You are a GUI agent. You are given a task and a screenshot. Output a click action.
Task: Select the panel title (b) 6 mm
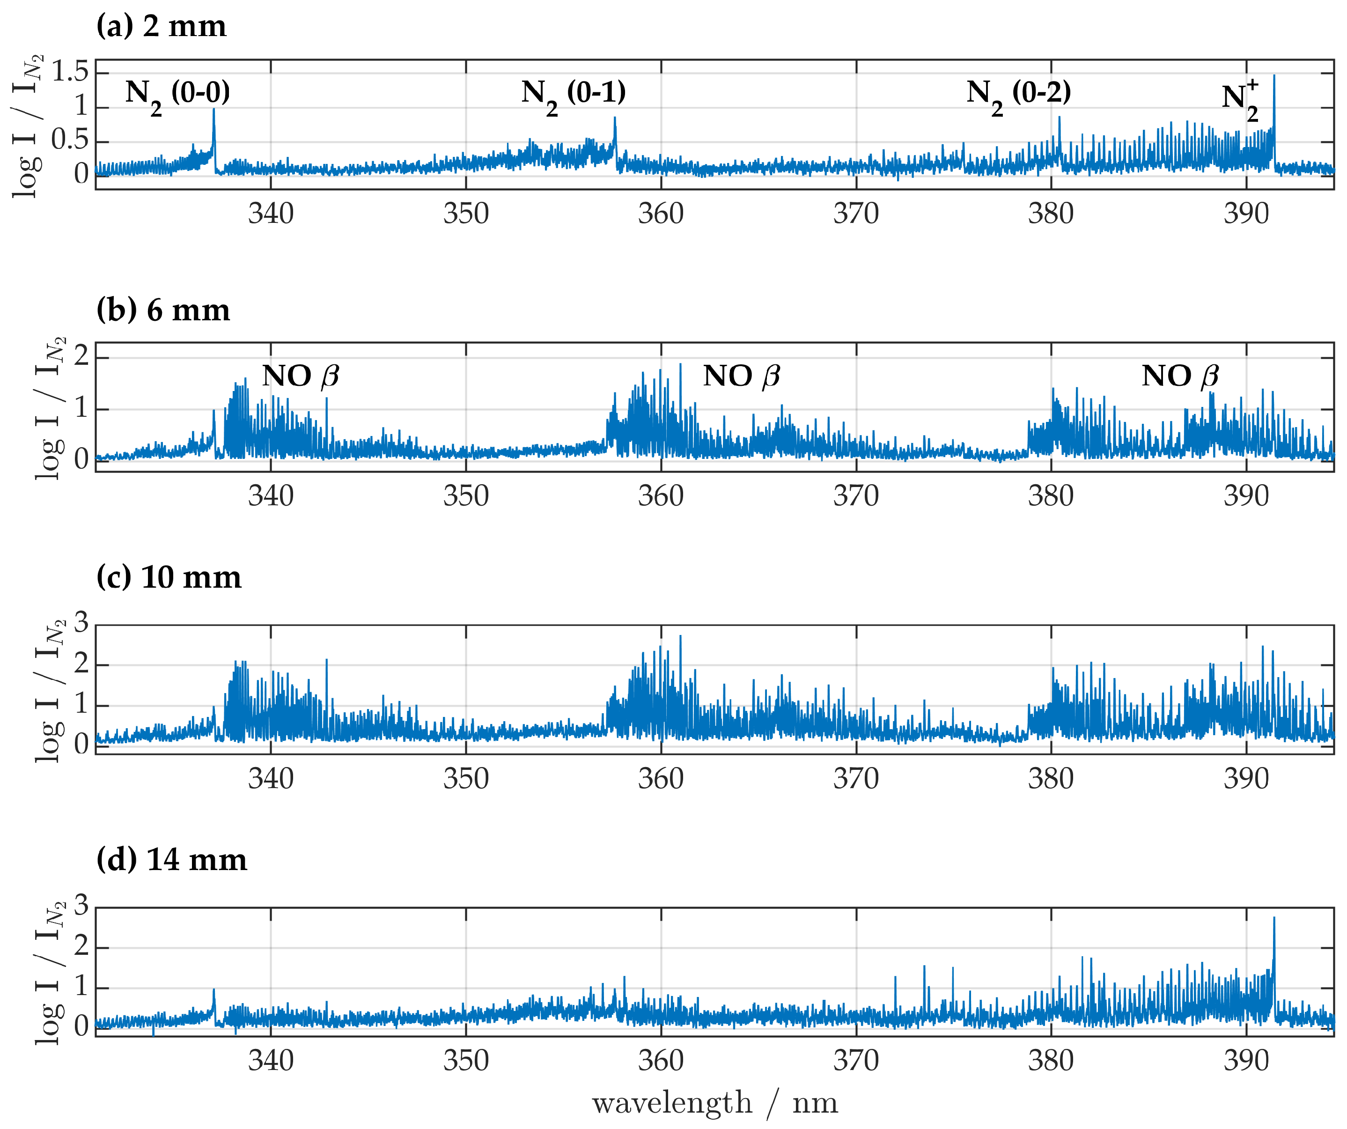coord(163,310)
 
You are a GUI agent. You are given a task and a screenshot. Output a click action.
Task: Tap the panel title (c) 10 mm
coord(169,577)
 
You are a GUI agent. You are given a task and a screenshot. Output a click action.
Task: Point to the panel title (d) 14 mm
coord(171,860)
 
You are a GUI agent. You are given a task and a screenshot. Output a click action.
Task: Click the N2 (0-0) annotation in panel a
coord(177,94)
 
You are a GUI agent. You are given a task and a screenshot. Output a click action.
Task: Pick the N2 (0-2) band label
coord(1019,94)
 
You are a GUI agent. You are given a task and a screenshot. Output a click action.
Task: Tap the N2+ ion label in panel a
coord(1239,99)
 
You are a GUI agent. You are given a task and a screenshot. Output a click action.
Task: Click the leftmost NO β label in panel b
coord(300,376)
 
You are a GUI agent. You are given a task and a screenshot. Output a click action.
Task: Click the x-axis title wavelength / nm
coord(714,1103)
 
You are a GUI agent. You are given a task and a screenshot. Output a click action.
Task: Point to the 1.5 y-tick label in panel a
coord(69,72)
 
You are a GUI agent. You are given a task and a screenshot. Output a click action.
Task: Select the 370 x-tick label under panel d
coord(856,1061)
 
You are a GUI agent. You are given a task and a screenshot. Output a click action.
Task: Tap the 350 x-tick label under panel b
coord(466,496)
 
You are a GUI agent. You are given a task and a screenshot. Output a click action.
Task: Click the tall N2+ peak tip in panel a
coord(1274,76)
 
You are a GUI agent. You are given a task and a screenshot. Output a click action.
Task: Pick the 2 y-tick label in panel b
coord(81,357)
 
